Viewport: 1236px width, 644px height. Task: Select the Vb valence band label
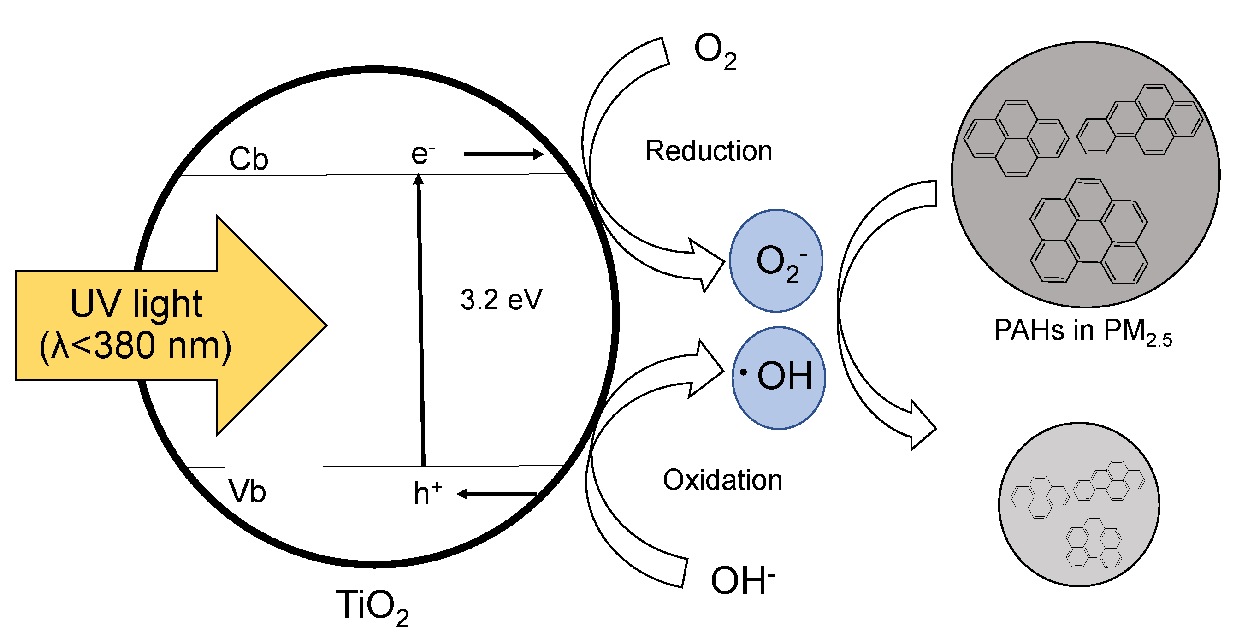(x=247, y=491)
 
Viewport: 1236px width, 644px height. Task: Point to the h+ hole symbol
(x=427, y=493)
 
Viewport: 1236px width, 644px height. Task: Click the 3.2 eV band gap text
(x=501, y=300)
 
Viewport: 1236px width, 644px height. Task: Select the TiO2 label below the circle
(x=372, y=607)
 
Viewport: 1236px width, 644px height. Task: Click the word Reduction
(x=708, y=151)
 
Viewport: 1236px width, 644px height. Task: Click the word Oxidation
(x=722, y=480)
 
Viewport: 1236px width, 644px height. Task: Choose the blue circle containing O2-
(x=776, y=260)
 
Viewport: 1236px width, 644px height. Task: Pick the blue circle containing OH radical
(x=778, y=378)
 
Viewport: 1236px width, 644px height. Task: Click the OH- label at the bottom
(x=742, y=580)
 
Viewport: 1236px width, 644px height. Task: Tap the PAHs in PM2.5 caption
(x=1082, y=331)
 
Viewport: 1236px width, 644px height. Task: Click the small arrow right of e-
(x=503, y=154)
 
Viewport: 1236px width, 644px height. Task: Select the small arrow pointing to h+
(x=497, y=494)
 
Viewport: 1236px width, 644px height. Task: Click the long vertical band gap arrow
(x=421, y=321)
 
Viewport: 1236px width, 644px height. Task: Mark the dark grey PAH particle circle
(x=1085, y=174)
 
